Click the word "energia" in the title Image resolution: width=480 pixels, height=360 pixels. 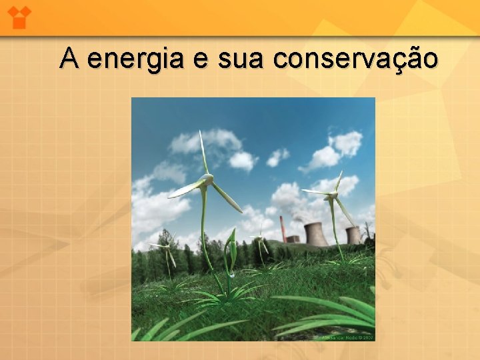pyautogui.click(x=134, y=59)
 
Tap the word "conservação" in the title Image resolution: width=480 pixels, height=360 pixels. pyautogui.click(x=356, y=59)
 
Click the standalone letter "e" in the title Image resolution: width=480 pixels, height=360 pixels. pyautogui.click(x=199, y=60)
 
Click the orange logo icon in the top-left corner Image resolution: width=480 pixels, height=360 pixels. pyautogui.click(x=19, y=17)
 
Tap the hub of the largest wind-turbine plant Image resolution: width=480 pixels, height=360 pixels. pyautogui.click(x=207, y=180)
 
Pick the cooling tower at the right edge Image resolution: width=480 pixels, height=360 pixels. pyautogui.click(x=353, y=235)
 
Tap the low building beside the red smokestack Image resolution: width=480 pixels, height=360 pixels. pyautogui.click(x=292, y=239)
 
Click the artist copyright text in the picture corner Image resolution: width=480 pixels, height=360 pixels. pyautogui.click(x=347, y=338)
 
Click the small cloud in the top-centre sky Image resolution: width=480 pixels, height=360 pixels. pyautogui.click(x=277, y=157)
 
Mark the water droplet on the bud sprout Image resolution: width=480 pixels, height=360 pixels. pyautogui.click(x=230, y=273)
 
